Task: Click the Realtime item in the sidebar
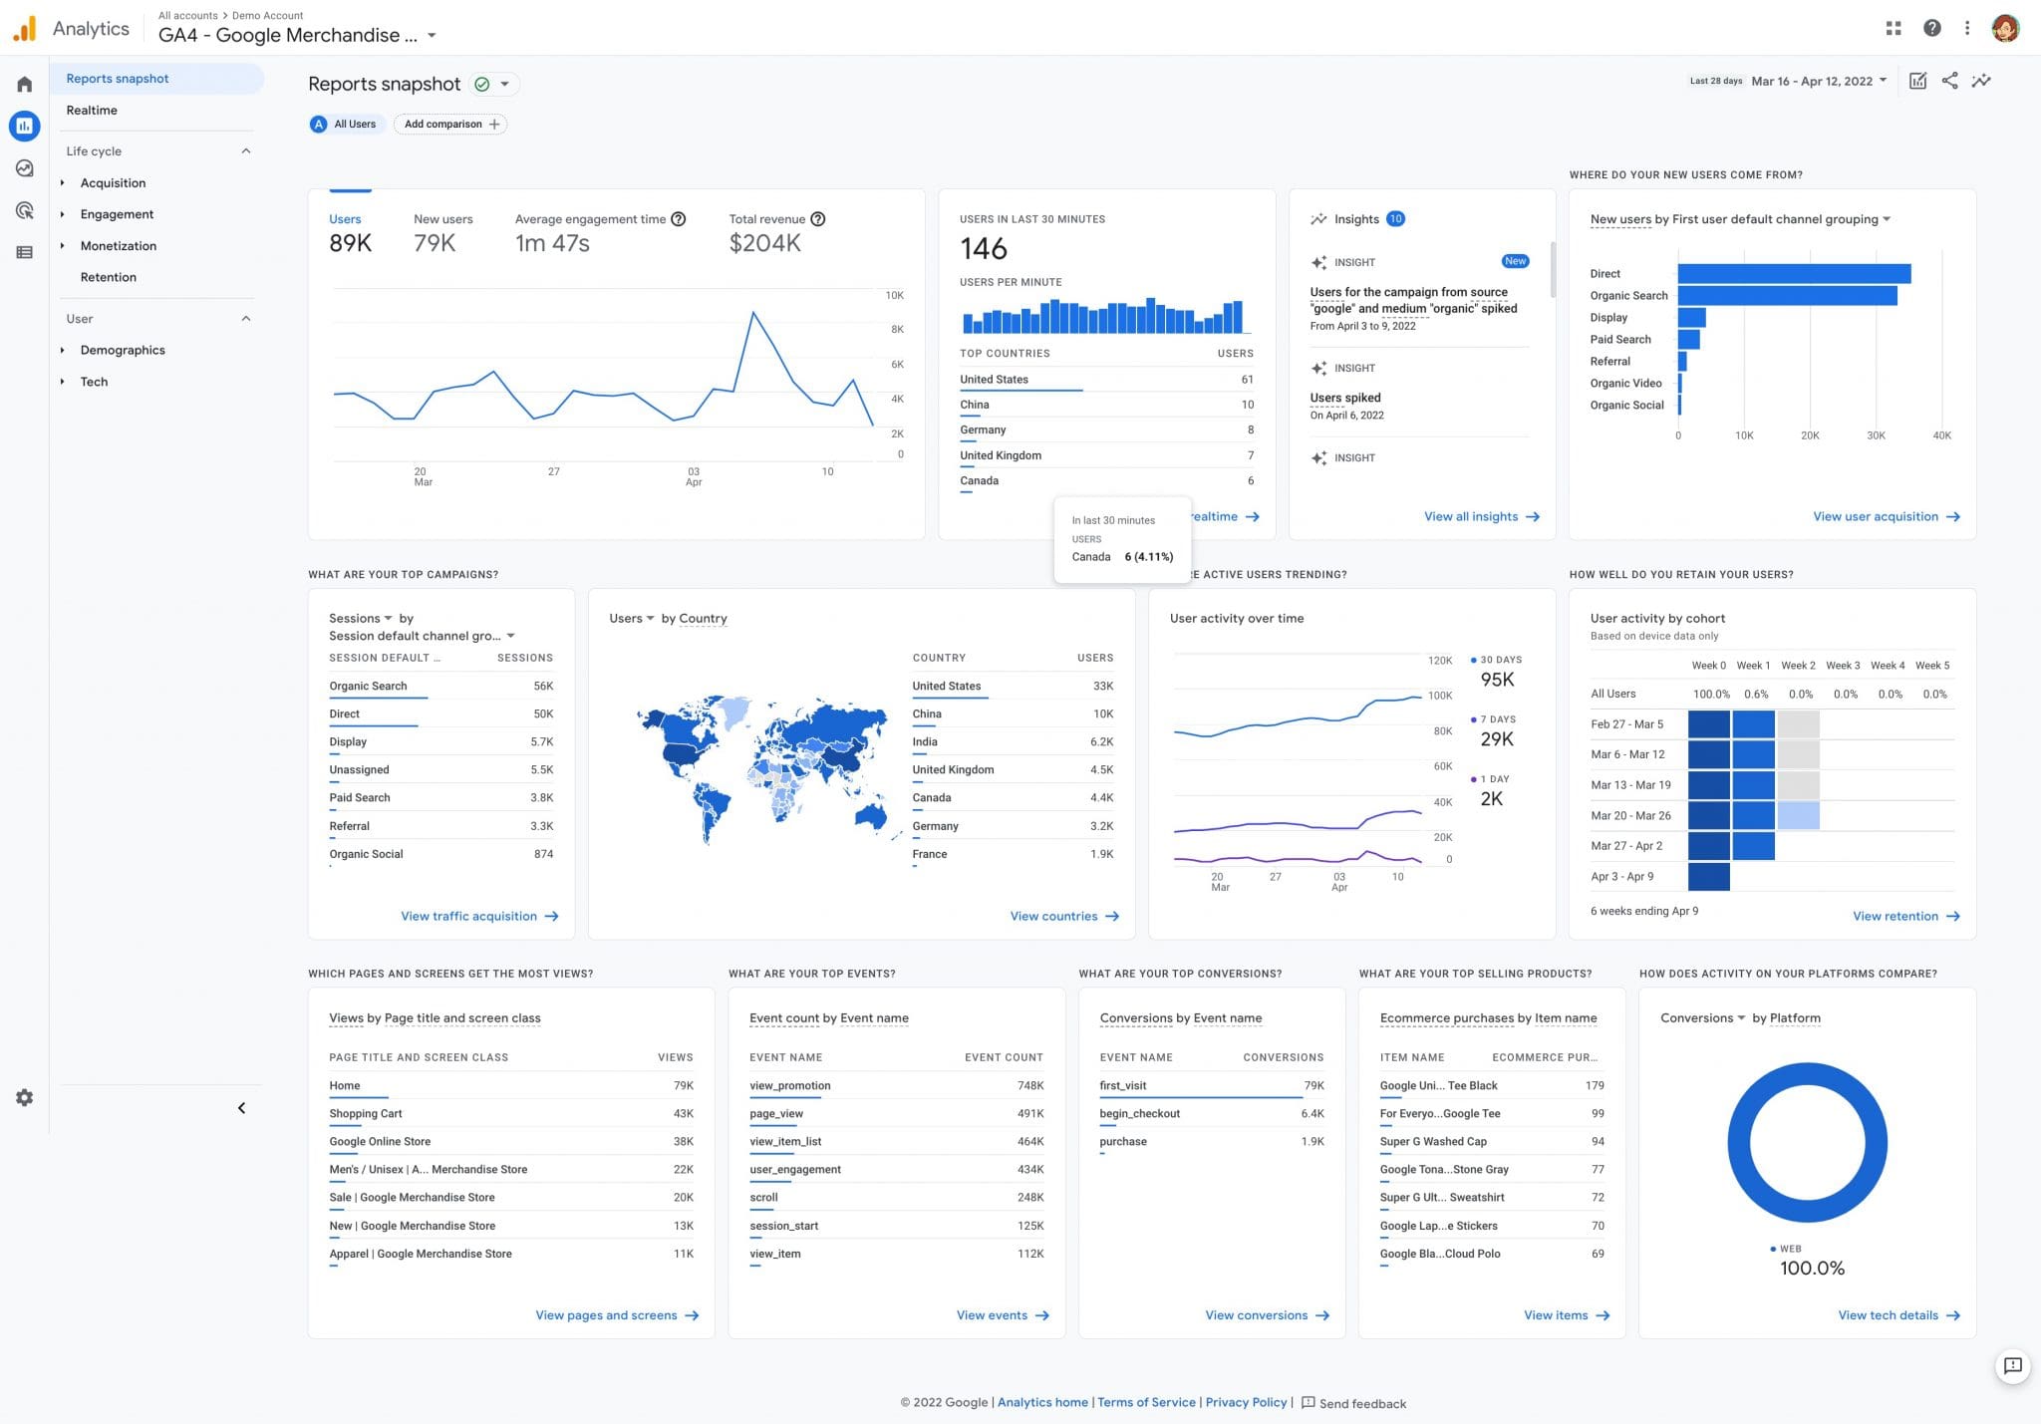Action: pyautogui.click(x=92, y=111)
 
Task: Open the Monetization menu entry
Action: pyautogui.click(x=118, y=246)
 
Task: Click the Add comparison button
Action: pyautogui.click(x=450, y=125)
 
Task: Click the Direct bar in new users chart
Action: pyautogui.click(x=1793, y=274)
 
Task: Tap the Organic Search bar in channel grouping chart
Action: pyautogui.click(x=1786, y=296)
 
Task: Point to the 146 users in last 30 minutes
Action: pyautogui.click(x=984, y=248)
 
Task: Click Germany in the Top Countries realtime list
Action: pyautogui.click(x=983, y=430)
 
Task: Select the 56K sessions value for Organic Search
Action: pyautogui.click(x=542, y=687)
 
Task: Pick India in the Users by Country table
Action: pyautogui.click(x=925, y=742)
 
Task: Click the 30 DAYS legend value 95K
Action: pyautogui.click(x=1497, y=680)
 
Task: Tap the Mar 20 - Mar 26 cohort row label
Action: pyautogui.click(x=1630, y=816)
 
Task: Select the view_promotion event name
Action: pyautogui.click(x=789, y=1086)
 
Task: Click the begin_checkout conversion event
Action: pyautogui.click(x=1139, y=1114)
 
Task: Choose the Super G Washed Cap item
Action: pyautogui.click(x=1432, y=1142)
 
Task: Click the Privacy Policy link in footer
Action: pyautogui.click(x=1246, y=1402)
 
